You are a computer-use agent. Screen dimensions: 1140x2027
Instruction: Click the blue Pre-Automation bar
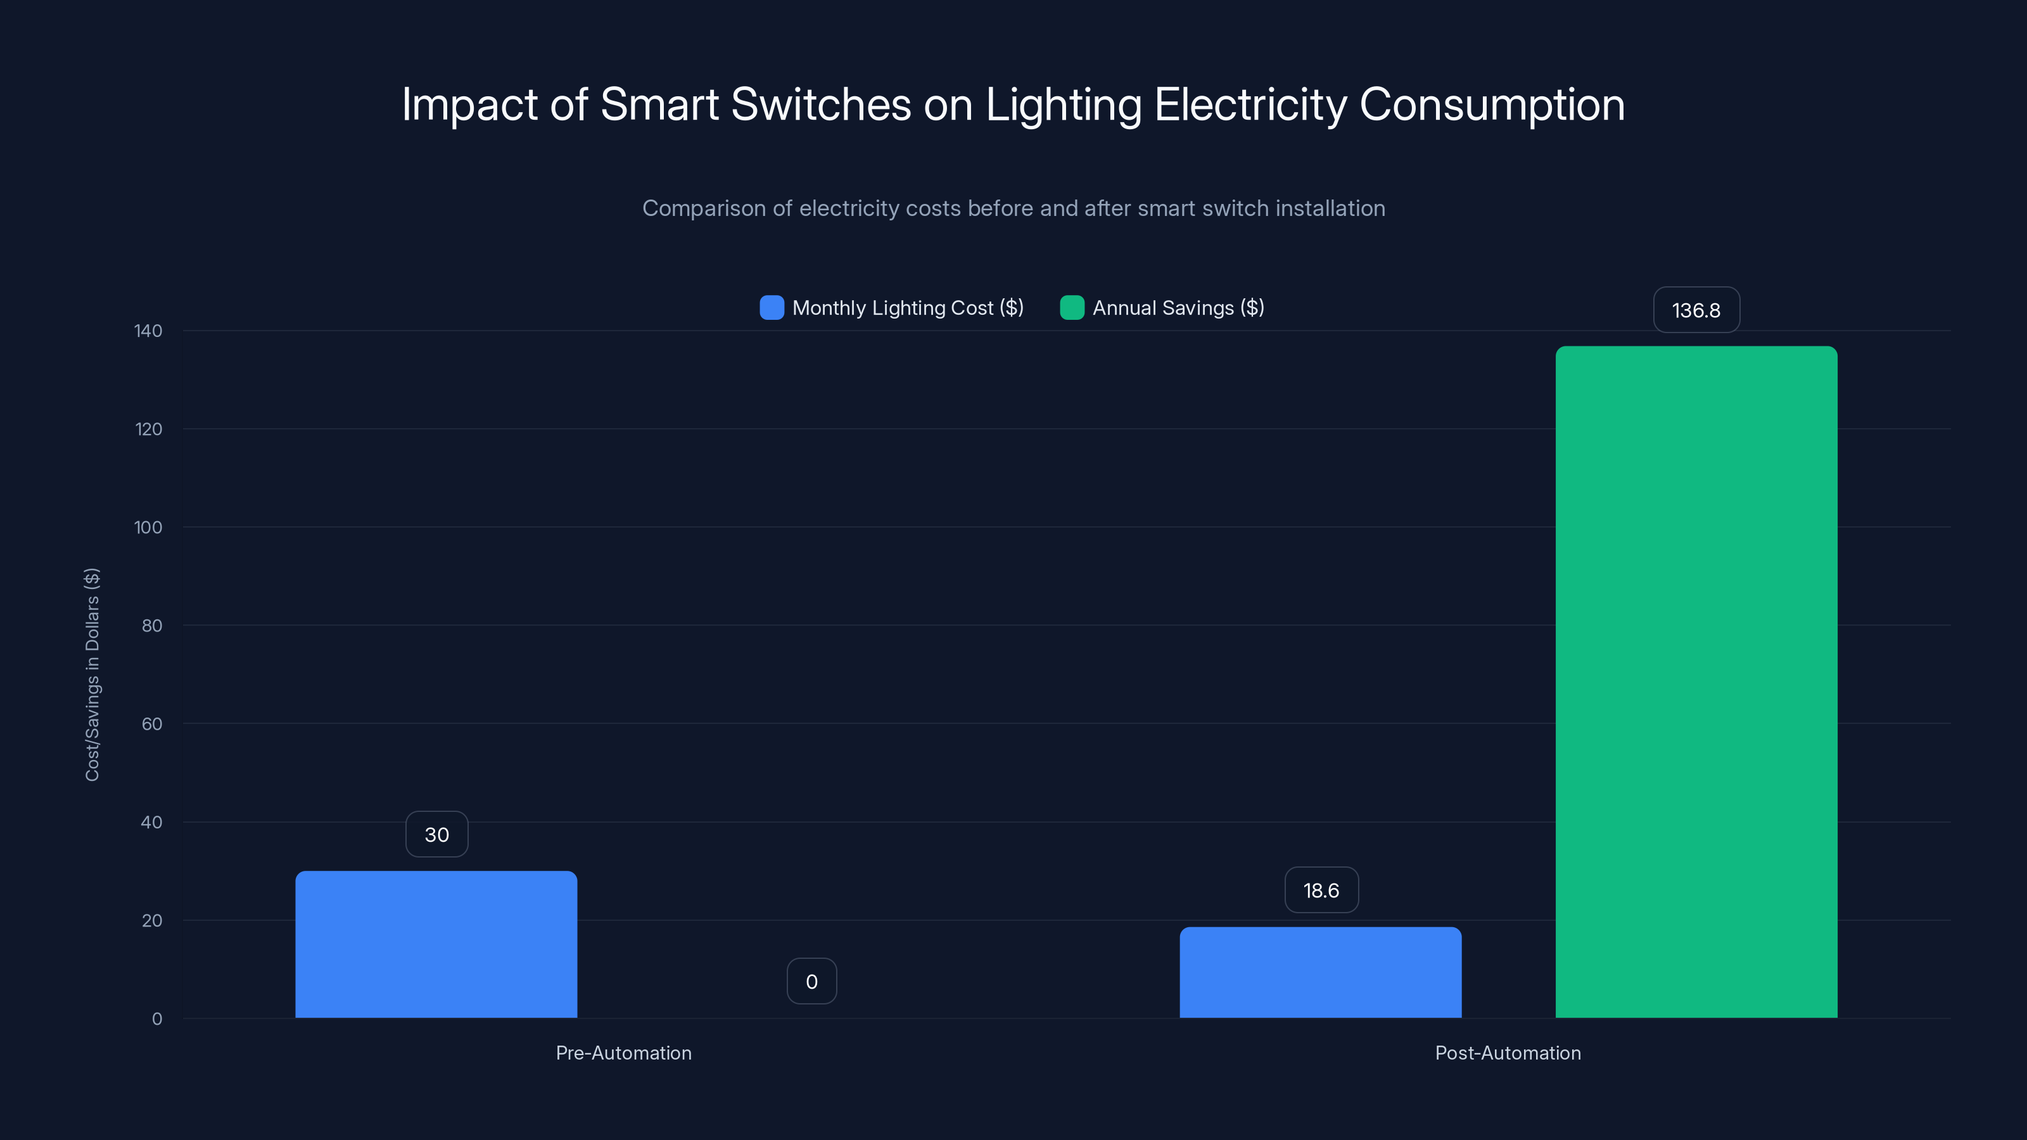coord(436,944)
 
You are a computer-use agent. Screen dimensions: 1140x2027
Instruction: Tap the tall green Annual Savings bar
coord(1696,681)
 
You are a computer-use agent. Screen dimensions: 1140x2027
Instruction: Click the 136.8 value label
coord(1696,310)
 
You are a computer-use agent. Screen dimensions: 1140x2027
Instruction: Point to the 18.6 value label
coord(1321,890)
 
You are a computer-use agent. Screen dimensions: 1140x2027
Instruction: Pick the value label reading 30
coord(436,834)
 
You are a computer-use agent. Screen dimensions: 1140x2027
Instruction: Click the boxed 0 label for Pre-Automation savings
coord(811,981)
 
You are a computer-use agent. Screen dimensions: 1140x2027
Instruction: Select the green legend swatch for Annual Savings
coord(1072,308)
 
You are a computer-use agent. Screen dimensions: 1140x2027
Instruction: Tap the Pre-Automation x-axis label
coord(623,1053)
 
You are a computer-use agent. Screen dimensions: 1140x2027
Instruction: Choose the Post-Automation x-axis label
coord(1508,1053)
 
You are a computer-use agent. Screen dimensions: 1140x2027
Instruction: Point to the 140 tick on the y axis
coord(148,331)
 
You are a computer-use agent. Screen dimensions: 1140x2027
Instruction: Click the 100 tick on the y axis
coord(148,527)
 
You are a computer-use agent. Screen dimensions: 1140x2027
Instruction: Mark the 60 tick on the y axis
coord(152,724)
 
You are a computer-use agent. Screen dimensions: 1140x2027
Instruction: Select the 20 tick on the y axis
coord(152,920)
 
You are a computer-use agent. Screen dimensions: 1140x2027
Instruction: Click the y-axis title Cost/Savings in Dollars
coord(92,674)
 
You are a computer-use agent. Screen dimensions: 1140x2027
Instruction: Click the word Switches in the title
coord(821,104)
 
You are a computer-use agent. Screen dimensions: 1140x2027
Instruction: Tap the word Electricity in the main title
coord(1250,104)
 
